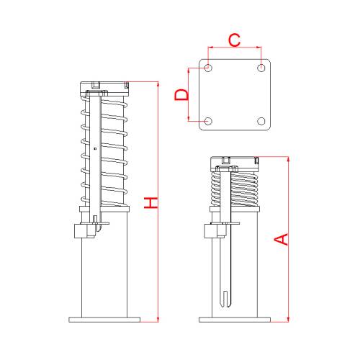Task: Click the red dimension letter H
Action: coord(150,202)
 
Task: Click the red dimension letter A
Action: coord(281,239)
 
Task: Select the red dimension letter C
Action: coord(234,40)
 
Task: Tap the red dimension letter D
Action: coord(181,94)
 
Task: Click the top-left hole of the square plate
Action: coord(208,68)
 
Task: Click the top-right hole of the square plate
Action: coord(261,68)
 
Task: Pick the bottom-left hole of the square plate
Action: coord(208,121)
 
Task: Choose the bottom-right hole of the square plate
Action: coord(261,121)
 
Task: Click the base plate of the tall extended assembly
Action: coord(104,320)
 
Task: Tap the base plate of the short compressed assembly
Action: coord(235,320)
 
